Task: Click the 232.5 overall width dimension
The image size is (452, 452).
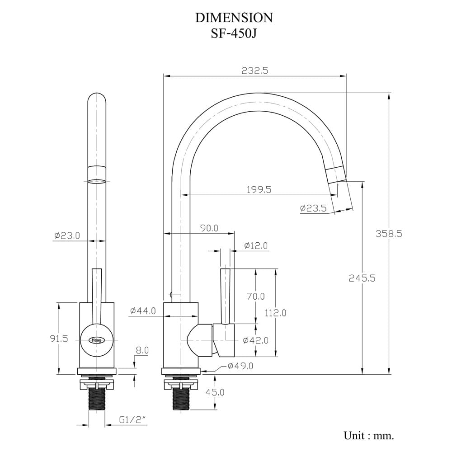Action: pos(255,71)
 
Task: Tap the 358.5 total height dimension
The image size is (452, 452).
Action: pos(389,234)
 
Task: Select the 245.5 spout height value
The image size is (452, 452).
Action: pos(362,278)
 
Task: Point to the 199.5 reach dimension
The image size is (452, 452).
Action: pos(259,190)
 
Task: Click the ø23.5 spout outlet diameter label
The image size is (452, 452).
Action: pos(313,208)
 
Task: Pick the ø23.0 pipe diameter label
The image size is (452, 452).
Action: pos(67,236)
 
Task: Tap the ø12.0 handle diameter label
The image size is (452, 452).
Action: pos(256,245)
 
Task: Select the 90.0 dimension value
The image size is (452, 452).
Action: pos(209,228)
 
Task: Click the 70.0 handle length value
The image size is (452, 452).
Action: pos(256,297)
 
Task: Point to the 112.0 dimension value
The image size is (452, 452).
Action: pos(276,313)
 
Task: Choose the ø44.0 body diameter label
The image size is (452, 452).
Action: pos(143,311)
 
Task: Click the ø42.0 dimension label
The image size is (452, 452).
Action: pos(256,340)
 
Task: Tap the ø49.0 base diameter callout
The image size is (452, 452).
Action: pos(240,366)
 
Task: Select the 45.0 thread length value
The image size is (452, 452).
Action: pos(215,392)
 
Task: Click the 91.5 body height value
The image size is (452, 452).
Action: pos(59,339)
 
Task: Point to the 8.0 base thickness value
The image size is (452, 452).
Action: pos(142,351)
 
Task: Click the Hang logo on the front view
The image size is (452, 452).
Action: pos(97,340)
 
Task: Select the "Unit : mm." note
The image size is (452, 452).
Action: pos(369,435)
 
